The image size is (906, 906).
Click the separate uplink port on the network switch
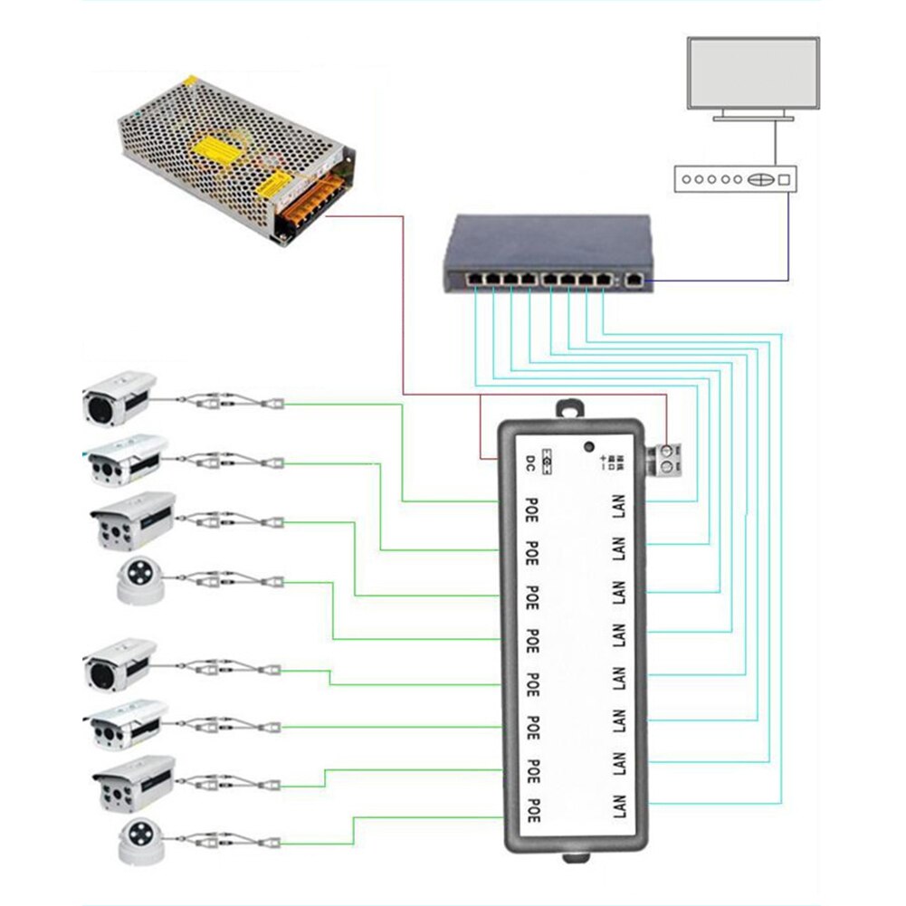click(635, 281)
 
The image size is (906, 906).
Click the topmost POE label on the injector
click(532, 504)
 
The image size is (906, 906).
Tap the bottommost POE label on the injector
click(532, 808)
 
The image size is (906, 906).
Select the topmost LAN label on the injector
click(620, 504)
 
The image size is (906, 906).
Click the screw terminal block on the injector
click(667, 458)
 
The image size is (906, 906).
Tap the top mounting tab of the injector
click(569, 408)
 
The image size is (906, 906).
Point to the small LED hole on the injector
click(589, 446)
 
